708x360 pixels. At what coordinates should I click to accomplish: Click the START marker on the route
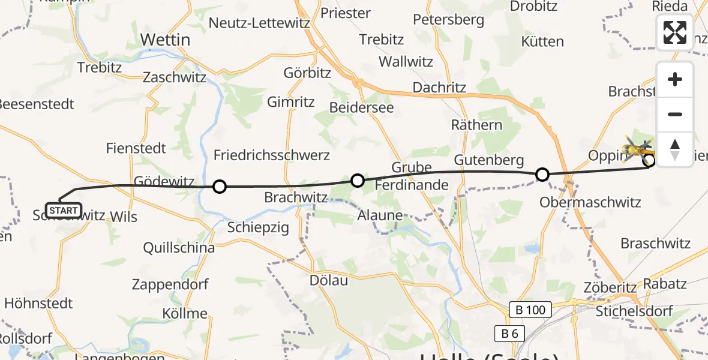[x=63, y=211]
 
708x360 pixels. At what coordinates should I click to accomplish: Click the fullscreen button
[x=675, y=32]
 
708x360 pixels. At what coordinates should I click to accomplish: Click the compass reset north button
[x=675, y=149]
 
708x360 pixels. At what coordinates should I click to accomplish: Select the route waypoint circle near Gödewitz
[x=220, y=187]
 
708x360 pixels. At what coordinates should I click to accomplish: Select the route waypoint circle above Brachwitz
[x=357, y=180]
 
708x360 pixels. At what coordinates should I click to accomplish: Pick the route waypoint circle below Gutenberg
[x=542, y=175]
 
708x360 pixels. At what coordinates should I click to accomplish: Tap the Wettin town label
[x=165, y=40]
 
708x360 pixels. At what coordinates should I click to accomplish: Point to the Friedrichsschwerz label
[x=272, y=155]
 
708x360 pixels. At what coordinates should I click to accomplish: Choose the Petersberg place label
[x=448, y=20]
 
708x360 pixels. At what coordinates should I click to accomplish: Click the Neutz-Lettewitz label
[x=259, y=23]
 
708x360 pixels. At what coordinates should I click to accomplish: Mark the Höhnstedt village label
[x=38, y=303]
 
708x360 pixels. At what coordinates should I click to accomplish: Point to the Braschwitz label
[x=655, y=244]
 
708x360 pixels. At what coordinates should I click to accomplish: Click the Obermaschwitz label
[x=590, y=202]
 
